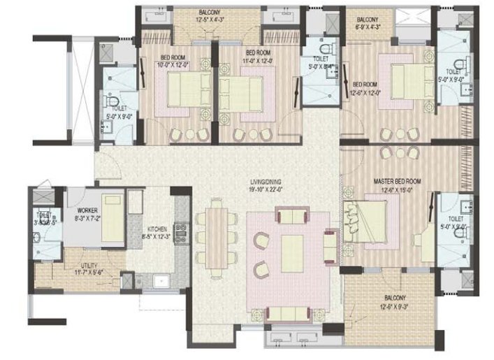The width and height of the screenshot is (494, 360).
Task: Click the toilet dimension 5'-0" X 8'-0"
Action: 322,68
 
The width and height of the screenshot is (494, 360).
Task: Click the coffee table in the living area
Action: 291,252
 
